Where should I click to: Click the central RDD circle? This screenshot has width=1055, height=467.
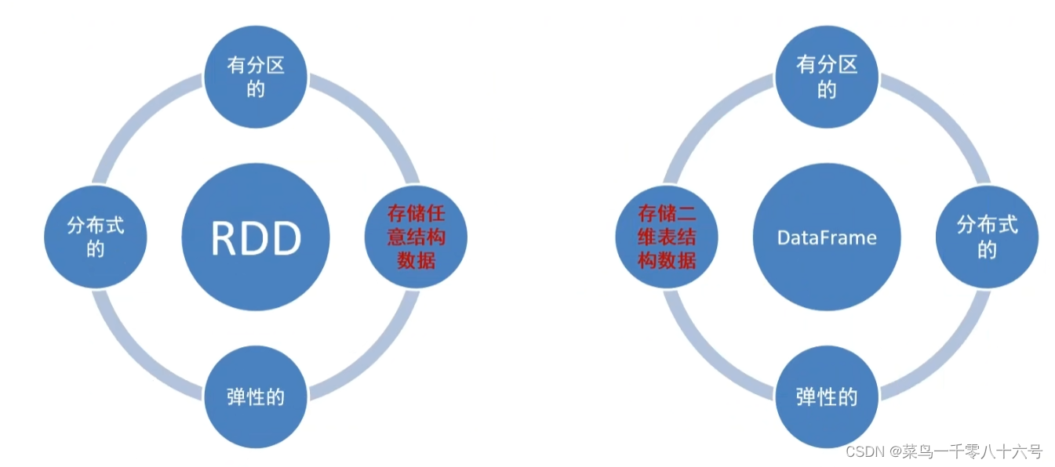256,237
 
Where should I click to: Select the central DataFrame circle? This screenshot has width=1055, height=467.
827,237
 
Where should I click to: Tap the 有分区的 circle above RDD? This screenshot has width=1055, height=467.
256,77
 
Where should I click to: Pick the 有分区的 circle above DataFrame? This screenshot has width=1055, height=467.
827,77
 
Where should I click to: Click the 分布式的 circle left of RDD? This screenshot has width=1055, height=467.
96,237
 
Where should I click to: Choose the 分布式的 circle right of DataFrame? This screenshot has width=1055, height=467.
987,237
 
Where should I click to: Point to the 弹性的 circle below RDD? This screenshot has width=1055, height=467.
256,397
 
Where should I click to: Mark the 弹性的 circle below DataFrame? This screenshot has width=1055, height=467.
827,397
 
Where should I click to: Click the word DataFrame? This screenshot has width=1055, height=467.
827,237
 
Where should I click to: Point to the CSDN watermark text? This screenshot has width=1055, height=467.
866,452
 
